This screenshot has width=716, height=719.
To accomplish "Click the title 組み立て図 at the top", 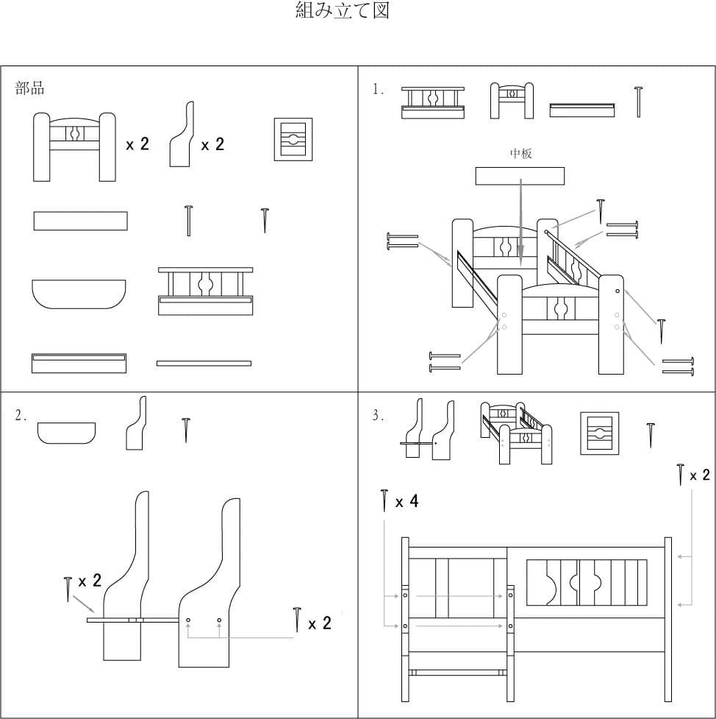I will point(342,11).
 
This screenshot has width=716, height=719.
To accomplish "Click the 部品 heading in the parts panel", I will point(30,89).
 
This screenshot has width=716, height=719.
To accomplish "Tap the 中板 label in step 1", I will point(520,154).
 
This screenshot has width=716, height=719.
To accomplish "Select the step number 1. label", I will point(379,90).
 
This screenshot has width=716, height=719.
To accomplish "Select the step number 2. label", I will point(21,416).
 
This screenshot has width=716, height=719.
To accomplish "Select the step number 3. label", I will point(379,416).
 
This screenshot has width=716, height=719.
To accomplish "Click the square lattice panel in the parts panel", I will point(293,138).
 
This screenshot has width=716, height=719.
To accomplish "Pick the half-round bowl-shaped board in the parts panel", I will point(79,294).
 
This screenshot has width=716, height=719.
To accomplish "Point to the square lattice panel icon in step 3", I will point(599,433).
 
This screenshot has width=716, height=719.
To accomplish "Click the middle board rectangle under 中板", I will point(520,176).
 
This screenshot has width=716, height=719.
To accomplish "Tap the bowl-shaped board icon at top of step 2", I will point(67,433).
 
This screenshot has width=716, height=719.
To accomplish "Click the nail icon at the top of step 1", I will point(638,102).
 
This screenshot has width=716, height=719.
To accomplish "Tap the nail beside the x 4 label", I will point(384,500).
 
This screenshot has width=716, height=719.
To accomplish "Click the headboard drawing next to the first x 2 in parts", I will point(74,146).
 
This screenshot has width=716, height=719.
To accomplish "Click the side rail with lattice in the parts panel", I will point(205,291).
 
